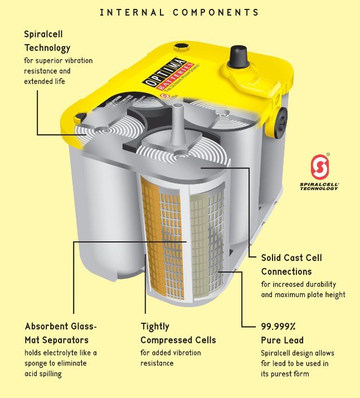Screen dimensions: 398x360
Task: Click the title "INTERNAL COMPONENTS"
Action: click(x=179, y=12)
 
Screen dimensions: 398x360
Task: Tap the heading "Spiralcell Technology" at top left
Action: click(x=47, y=41)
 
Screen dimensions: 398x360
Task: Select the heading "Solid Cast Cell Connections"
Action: click(x=291, y=265)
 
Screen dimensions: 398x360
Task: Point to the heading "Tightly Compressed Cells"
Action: click(x=178, y=333)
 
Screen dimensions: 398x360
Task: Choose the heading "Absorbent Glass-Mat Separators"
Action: click(x=61, y=333)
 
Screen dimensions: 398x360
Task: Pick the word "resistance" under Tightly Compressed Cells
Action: click(x=157, y=363)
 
